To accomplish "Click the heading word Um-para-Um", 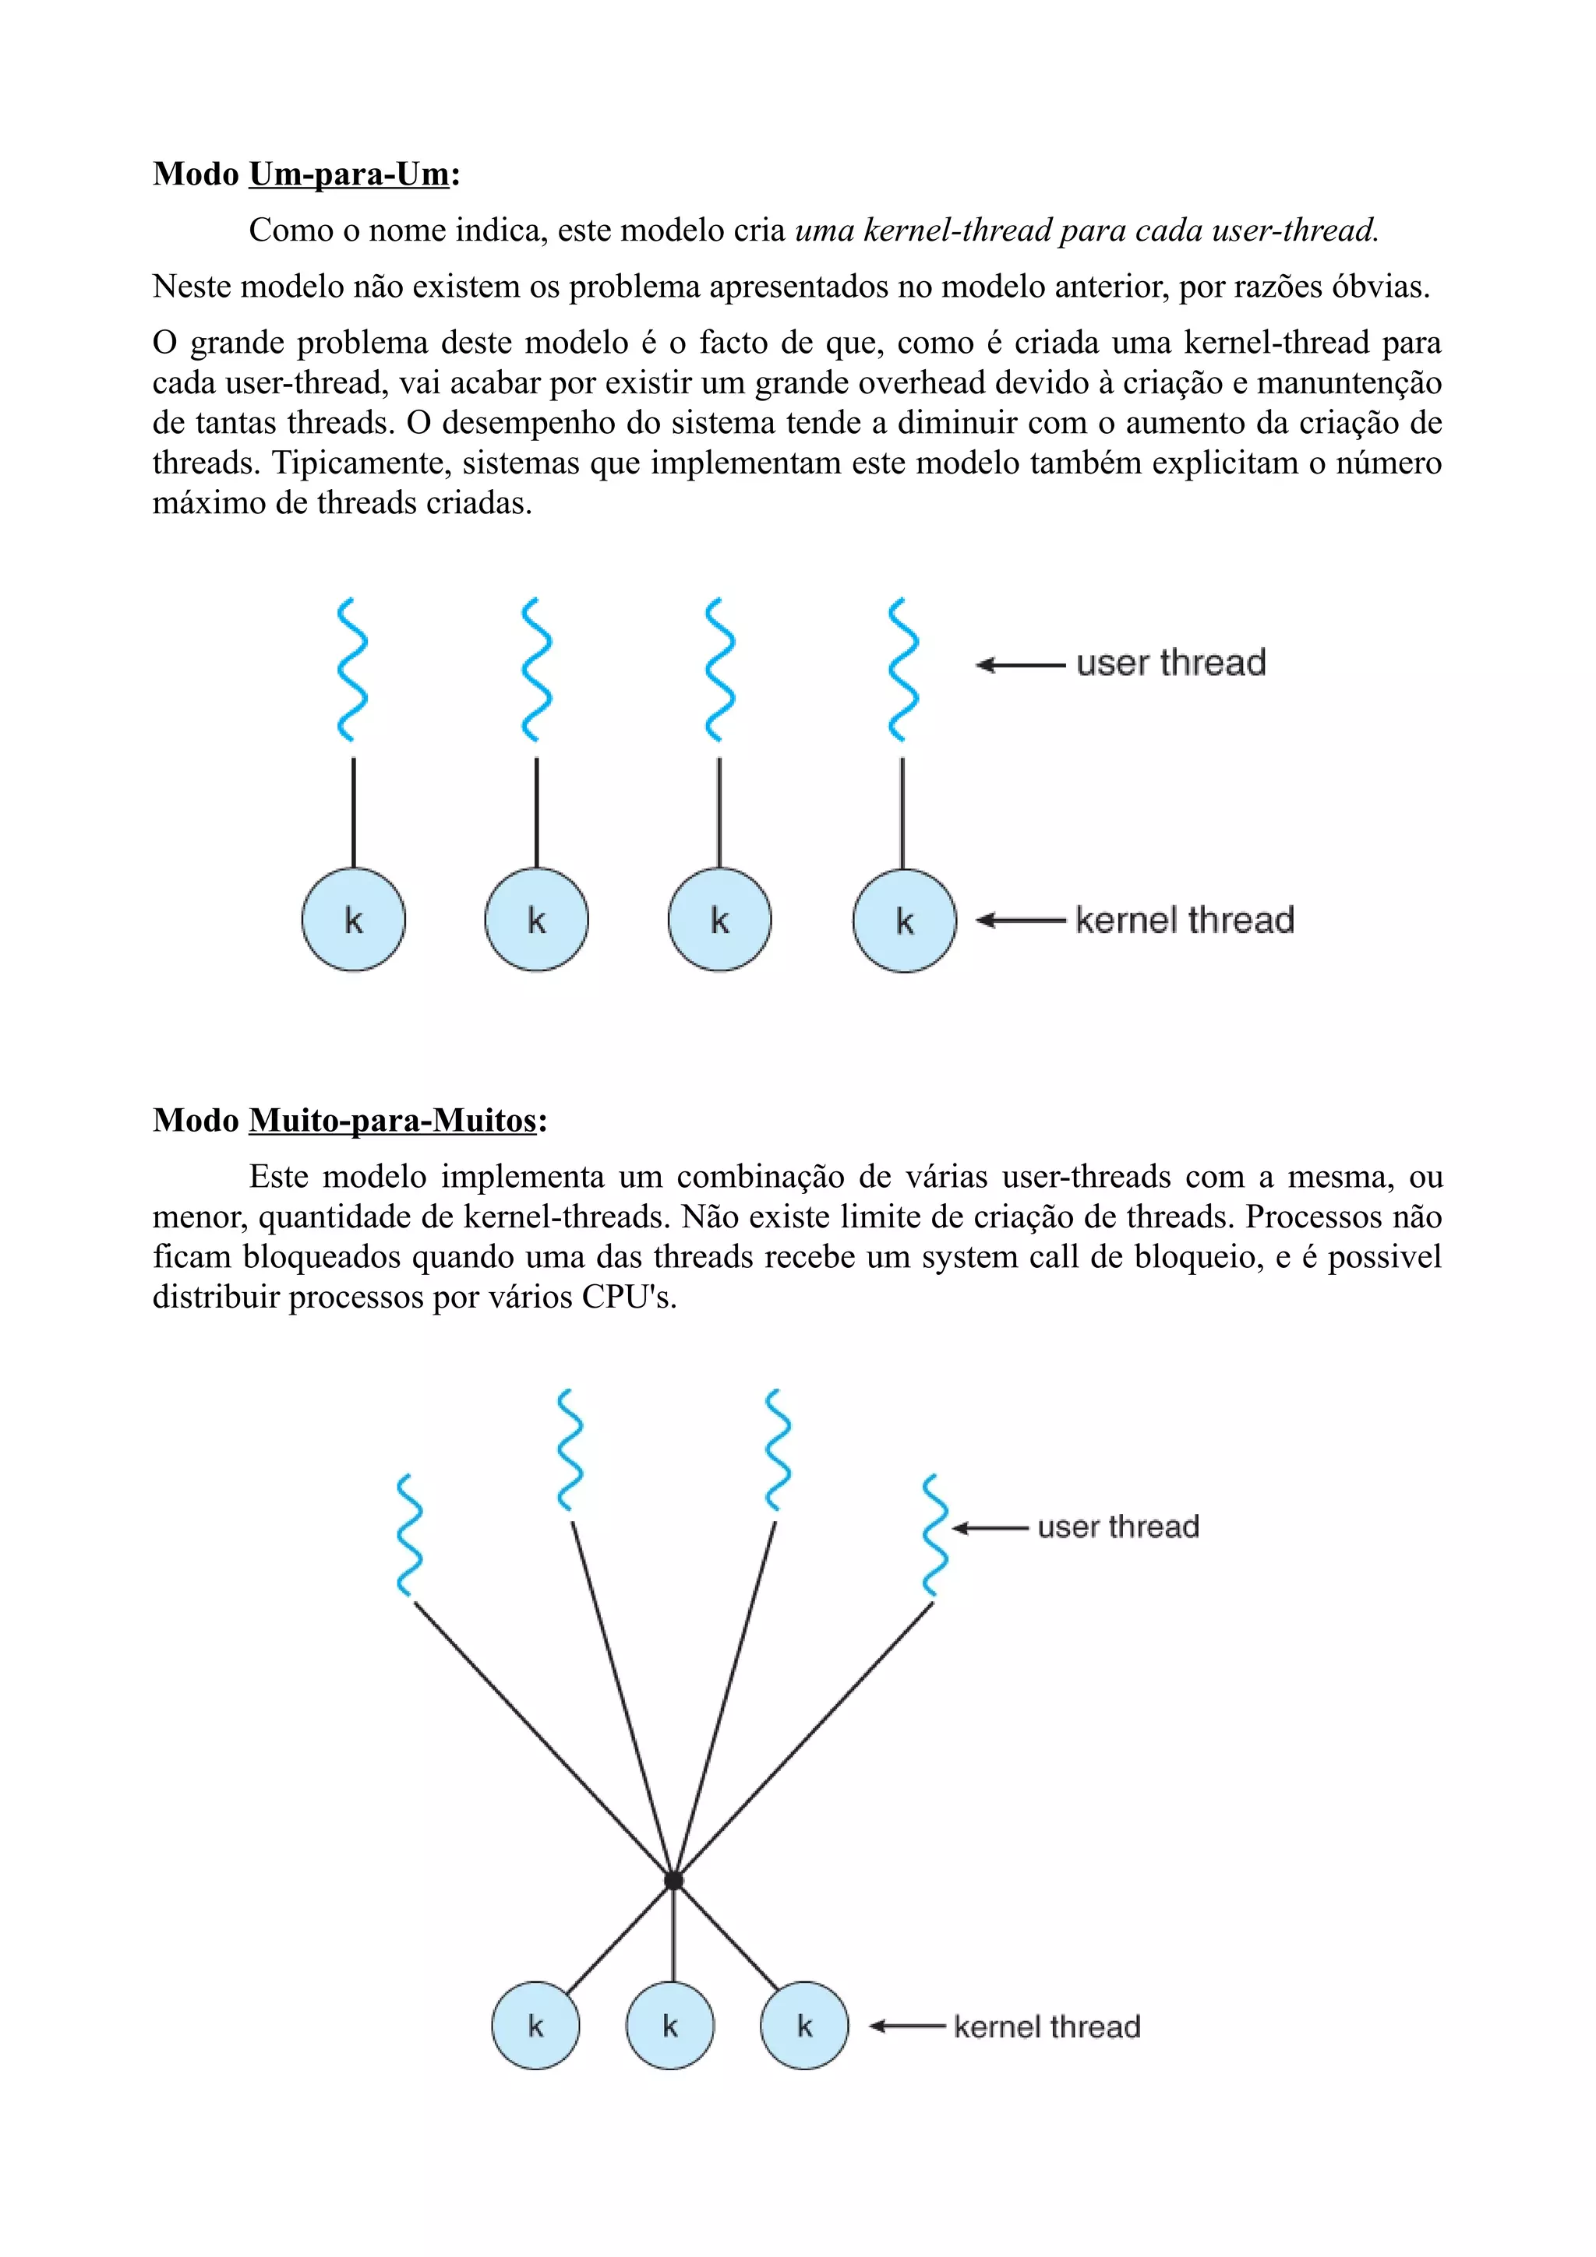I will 349,174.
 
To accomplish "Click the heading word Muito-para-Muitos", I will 392,1120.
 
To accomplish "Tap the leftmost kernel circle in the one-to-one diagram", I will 353,920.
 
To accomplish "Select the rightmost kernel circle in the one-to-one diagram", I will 904,921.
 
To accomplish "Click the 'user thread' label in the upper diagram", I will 1171,664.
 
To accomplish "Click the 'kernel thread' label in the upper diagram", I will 1184,920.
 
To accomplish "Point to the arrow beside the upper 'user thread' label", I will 1020,666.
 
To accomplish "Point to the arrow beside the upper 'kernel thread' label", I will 1020,921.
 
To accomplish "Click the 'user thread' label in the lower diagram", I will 1118,1526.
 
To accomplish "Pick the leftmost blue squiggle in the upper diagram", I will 352,670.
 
